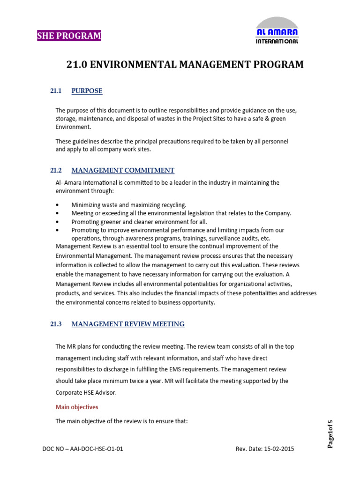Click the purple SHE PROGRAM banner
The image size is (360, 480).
69,36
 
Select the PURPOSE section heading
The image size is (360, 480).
87,91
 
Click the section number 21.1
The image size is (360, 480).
56,91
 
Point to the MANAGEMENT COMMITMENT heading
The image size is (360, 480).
123,170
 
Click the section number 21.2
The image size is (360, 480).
56,170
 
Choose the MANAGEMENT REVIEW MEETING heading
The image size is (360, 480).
128,324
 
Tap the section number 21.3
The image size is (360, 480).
56,324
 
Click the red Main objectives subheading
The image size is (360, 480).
77,407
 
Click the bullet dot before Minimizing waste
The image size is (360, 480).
57,205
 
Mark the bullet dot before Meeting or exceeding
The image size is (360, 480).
57,213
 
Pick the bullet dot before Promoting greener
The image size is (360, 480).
57,222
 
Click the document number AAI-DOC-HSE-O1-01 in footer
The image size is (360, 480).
97,449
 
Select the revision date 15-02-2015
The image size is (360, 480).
279,449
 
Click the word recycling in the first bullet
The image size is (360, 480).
173,205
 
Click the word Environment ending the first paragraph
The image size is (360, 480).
73,127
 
